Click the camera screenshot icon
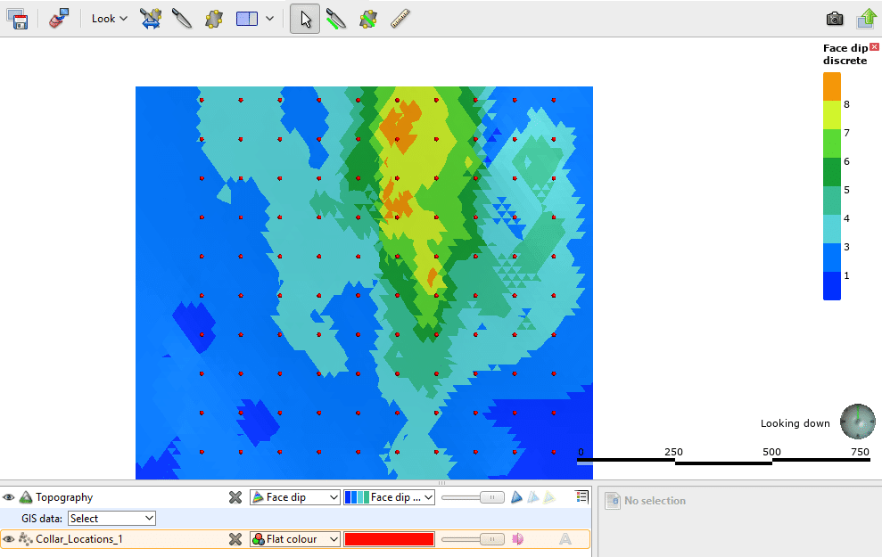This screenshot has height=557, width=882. (834, 18)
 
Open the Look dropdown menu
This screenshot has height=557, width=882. (109, 18)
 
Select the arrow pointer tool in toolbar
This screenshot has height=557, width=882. (305, 18)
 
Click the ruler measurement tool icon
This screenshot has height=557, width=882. (400, 18)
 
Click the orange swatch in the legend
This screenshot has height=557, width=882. (831, 86)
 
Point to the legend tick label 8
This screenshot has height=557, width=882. (846, 104)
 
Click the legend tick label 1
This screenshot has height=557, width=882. (846, 275)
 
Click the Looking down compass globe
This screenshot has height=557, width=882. (858, 422)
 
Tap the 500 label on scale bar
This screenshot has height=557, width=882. (771, 452)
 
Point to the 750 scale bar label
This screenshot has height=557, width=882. (860, 452)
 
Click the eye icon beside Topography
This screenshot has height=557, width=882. (9, 497)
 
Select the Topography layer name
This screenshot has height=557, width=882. (64, 497)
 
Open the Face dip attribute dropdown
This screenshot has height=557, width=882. (294, 497)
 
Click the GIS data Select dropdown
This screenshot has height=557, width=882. (111, 518)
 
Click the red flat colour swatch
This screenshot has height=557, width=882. (389, 538)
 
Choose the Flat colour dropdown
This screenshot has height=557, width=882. (294, 538)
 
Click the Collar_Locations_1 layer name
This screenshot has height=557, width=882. (78, 538)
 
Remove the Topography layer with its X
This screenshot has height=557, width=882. (235, 497)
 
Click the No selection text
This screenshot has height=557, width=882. (655, 501)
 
